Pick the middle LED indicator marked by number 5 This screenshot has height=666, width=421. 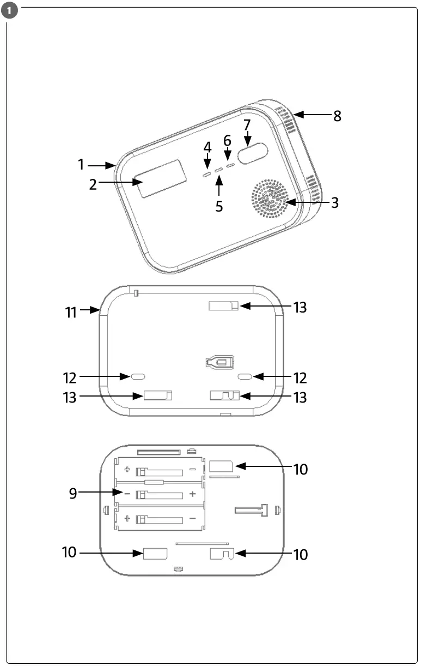click(x=219, y=170)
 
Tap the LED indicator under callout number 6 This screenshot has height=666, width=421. click(x=230, y=164)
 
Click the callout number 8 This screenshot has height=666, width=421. click(x=337, y=116)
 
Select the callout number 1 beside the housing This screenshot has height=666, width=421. click(x=81, y=164)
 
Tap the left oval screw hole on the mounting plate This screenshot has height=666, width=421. click(x=137, y=376)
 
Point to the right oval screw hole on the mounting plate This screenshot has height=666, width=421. click(x=245, y=376)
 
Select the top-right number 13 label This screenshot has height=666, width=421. click(x=300, y=307)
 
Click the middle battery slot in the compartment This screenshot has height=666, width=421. click(x=159, y=494)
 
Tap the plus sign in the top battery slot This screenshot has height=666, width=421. click(x=127, y=470)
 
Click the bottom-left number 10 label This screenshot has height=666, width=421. click(x=70, y=553)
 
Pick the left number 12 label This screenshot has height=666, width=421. click(x=71, y=377)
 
